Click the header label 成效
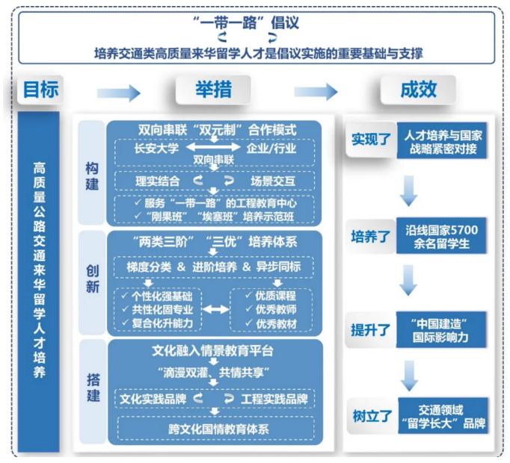417,90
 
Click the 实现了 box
371,140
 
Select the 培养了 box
371,237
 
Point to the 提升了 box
371,329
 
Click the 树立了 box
371,417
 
